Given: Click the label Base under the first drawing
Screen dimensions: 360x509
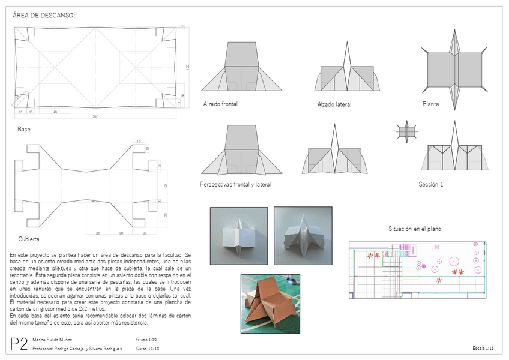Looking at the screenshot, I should (24, 129).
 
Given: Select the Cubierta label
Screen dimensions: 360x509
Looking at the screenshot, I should (28, 239).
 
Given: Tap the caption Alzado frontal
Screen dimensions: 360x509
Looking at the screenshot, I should (220, 104).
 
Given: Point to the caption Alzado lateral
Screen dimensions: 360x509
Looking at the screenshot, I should (334, 104).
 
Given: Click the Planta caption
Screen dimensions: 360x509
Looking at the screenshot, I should (430, 104).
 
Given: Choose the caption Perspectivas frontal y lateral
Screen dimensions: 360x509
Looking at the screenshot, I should (235, 185).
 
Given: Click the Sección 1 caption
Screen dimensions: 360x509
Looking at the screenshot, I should (430, 185).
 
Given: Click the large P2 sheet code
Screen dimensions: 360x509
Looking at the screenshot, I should (19, 344).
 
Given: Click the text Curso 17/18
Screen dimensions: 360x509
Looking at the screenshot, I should (148, 349).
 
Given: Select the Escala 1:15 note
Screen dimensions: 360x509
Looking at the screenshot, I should (483, 349).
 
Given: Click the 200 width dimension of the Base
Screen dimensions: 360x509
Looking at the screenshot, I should (95, 116).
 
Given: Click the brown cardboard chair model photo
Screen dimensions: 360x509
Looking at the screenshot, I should (270, 304).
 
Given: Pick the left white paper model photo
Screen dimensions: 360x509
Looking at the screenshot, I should (238, 236).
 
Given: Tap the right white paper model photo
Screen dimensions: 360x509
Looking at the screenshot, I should (303, 235).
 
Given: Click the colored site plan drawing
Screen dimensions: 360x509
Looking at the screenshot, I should (417, 269).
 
